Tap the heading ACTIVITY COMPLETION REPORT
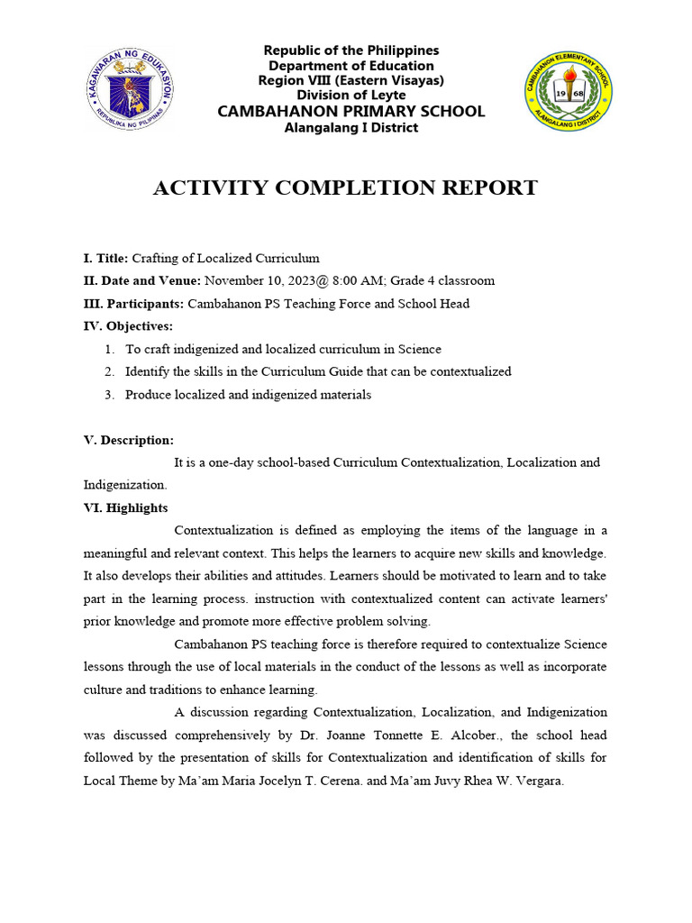point(345,187)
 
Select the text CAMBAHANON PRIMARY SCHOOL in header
point(351,111)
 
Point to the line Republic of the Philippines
point(351,50)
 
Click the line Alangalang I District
point(351,127)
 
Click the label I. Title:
point(106,258)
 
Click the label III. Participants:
point(133,304)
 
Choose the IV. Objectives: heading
point(128,325)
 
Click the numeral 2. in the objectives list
point(109,371)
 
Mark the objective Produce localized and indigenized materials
point(248,395)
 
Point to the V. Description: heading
point(129,440)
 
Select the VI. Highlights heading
point(125,508)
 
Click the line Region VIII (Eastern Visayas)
point(351,80)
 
